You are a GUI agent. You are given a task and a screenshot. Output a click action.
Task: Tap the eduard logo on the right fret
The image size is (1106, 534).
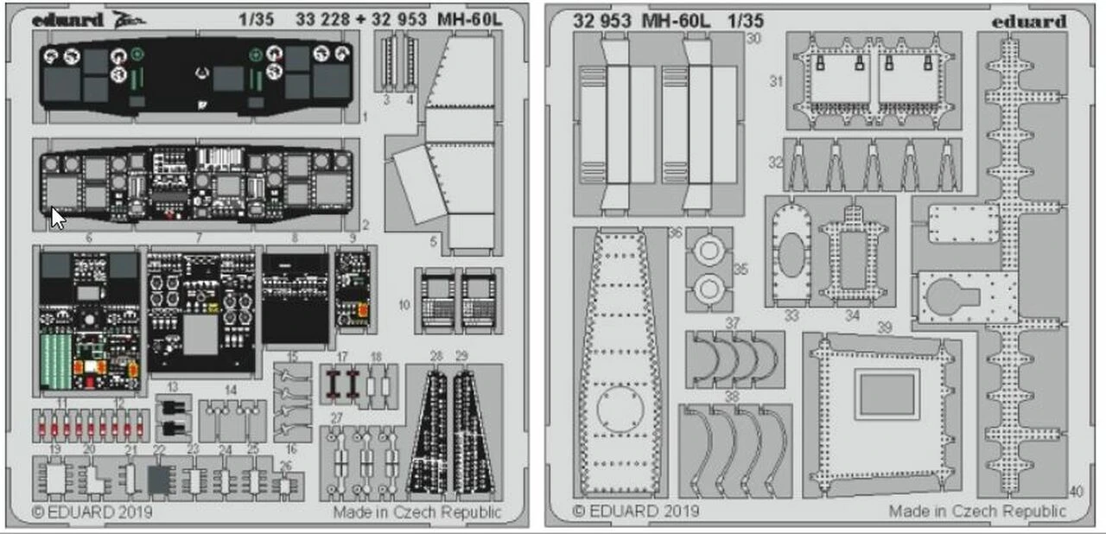pos(1030,21)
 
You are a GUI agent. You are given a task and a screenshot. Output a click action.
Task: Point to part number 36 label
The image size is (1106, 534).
pos(675,232)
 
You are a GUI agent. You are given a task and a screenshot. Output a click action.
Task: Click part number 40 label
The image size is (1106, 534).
pos(1075,493)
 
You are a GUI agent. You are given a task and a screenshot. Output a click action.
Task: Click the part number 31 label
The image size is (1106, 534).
pos(775,81)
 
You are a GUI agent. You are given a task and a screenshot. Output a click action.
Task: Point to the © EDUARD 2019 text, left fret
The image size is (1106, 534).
pos(92,512)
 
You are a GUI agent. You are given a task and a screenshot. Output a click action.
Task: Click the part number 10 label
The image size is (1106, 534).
pos(404,304)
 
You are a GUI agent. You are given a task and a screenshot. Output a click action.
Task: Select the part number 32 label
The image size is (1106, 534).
pos(775,162)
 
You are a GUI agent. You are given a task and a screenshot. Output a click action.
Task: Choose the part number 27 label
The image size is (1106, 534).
pos(336,417)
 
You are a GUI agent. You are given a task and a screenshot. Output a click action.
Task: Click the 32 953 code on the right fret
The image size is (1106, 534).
pos(601,20)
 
